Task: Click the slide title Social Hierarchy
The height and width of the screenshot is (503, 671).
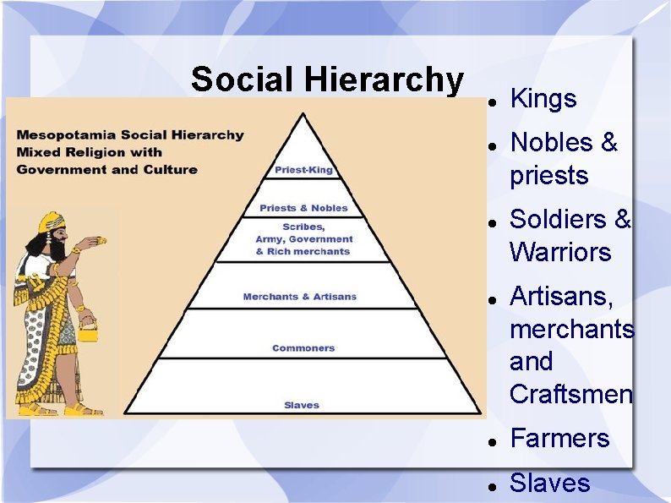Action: pyautogui.click(x=327, y=79)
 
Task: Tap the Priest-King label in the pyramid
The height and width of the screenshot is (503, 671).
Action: pyautogui.click(x=303, y=170)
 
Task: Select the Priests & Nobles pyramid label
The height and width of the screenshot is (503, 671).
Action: pyautogui.click(x=303, y=208)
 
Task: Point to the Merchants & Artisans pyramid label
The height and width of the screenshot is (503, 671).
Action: pyautogui.click(x=299, y=297)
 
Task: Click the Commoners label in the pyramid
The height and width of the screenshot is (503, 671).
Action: pyautogui.click(x=303, y=348)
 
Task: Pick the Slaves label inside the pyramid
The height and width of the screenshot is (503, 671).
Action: pyautogui.click(x=302, y=405)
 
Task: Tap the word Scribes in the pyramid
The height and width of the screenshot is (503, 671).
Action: pyautogui.click(x=303, y=227)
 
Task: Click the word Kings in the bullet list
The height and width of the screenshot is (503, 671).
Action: pyautogui.click(x=543, y=99)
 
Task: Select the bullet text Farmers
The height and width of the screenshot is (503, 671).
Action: pyautogui.click(x=559, y=438)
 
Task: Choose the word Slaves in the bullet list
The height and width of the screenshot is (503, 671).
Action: pyautogui.click(x=550, y=483)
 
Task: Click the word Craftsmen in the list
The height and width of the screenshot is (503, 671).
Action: pyautogui.click(x=571, y=394)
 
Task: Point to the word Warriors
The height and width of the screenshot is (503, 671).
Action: pyautogui.click(x=560, y=252)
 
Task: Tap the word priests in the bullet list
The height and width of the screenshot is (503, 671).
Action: pyautogui.click(x=548, y=176)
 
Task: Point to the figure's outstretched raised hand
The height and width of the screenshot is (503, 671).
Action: pyautogui.click(x=99, y=243)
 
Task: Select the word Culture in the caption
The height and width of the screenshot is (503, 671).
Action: pyautogui.click(x=173, y=169)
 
